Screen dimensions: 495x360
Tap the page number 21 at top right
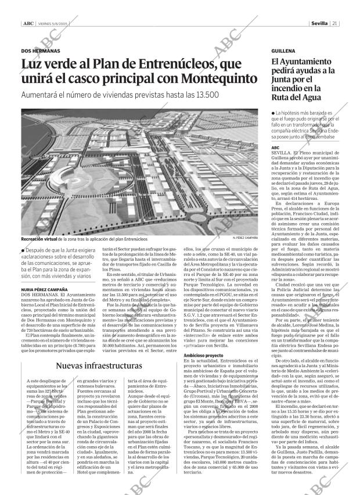(336, 24)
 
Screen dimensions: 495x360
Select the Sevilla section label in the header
(319, 24)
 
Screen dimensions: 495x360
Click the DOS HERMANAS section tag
(39, 52)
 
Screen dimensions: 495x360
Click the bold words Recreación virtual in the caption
(39, 239)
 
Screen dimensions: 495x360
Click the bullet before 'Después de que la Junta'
(23, 250)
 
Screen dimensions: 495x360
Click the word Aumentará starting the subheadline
(41, 95)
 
